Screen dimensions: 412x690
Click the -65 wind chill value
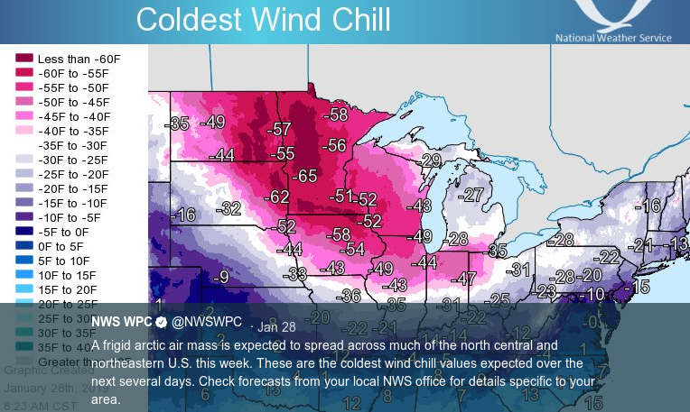tap(306, 176)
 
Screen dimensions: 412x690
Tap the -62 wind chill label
tap(277, 197)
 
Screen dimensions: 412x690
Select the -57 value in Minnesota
tap(281, 129)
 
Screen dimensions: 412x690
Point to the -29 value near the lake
tap(430, 161)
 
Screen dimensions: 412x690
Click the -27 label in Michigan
tap(471, 196)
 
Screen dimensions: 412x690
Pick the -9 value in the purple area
tap(219, 278)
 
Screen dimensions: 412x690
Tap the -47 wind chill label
tap(463, 279)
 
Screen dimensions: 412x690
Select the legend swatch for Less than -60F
tap(23, 59)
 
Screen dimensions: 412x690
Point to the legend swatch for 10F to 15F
tap(23, 275)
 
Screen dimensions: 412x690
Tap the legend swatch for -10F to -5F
tap(23, 217)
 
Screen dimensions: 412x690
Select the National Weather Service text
tap(613, 38)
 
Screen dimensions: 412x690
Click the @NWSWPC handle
tap(207, 322)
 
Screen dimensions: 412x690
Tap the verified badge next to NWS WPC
tap(161, 322)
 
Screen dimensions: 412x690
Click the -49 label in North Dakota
tap(213, 122)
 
